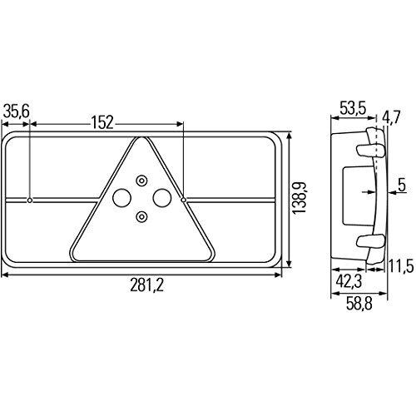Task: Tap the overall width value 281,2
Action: click(x=146, y=285)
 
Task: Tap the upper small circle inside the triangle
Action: click(x=141, y=181)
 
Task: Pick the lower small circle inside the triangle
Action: click(x=141, y=216)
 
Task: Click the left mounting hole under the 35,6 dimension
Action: click(x=30, y=201)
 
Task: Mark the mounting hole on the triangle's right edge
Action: click(x=183, y=200)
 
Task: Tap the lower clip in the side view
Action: click(x=368, y=242)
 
